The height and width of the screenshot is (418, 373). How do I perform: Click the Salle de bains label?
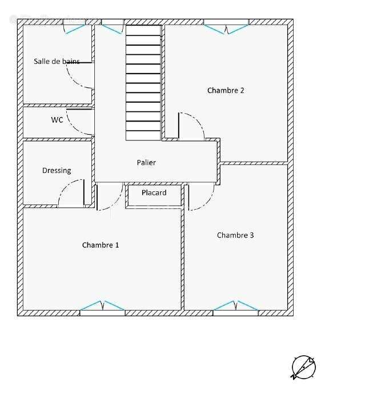[57, 61]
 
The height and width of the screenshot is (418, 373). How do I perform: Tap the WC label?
[57, 120]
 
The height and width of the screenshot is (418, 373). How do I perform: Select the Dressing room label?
[57, 171]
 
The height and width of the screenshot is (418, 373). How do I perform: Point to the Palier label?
[146, 162]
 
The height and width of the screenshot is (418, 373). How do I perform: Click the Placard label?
[154, 192]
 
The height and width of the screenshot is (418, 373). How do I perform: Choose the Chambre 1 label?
[101, 245]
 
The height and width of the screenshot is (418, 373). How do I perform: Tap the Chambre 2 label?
[226, 90]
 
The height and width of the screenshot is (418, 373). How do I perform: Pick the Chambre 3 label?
[235, 235]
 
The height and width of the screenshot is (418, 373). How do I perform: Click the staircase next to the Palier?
[143, 83]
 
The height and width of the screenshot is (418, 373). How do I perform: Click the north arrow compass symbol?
[304, 367]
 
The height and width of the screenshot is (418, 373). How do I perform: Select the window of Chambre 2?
[226, 27]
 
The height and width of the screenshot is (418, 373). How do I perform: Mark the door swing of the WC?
[80, 122]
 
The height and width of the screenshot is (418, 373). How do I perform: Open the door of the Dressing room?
[71, 193]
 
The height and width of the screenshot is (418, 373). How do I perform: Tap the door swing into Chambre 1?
[110, 197]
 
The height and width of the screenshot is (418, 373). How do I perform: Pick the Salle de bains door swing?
[80, 75]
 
